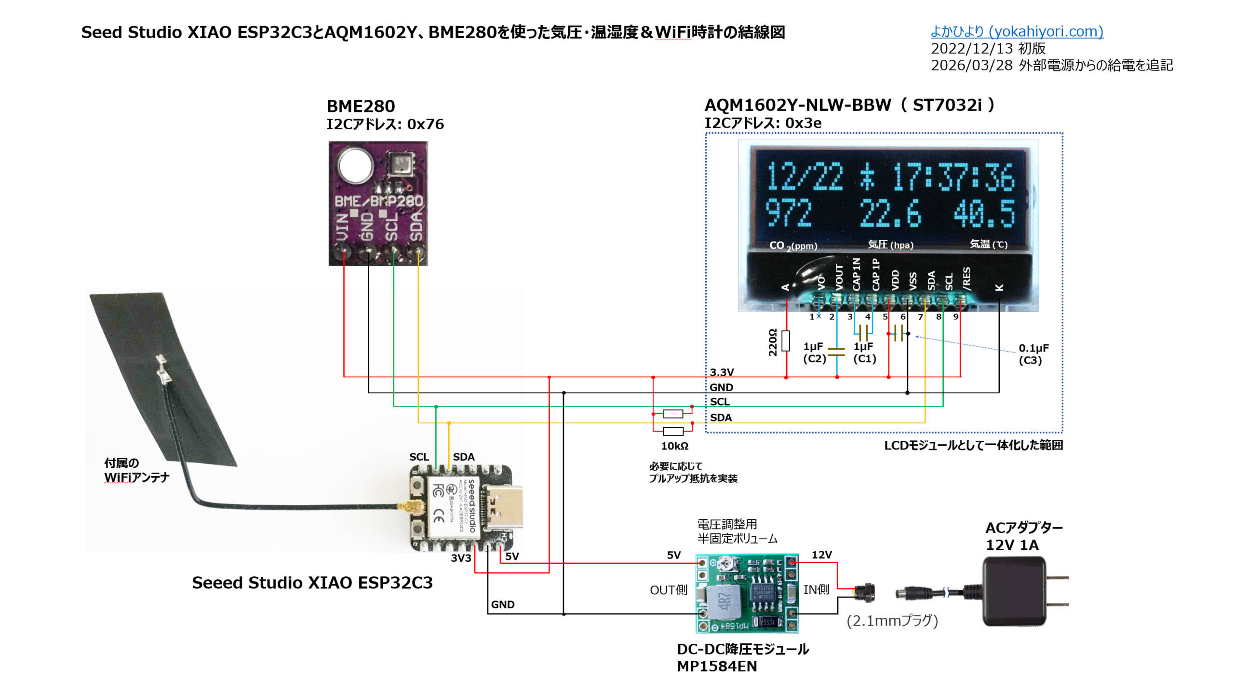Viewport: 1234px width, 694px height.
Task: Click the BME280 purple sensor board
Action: point(378,203)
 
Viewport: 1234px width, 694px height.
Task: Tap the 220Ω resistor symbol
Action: point(786,340)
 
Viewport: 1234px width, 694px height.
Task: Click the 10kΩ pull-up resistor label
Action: point(674,446)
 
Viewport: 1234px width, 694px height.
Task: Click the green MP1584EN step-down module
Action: point(747,593)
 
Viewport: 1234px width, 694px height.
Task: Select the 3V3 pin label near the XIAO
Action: point(460,558)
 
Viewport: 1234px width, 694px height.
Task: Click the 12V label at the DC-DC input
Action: point(821,555)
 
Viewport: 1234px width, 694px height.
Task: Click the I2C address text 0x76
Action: point(425,124)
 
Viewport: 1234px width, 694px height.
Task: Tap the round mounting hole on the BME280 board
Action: point(356,165)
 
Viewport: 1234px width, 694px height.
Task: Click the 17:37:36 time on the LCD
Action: point(953,177)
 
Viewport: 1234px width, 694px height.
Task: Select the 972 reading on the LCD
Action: point(789,213)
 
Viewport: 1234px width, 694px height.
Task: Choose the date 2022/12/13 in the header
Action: point(973,49)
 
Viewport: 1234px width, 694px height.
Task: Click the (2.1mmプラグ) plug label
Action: point(892,621)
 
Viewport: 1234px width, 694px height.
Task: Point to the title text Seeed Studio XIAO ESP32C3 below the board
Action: point(312,583)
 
